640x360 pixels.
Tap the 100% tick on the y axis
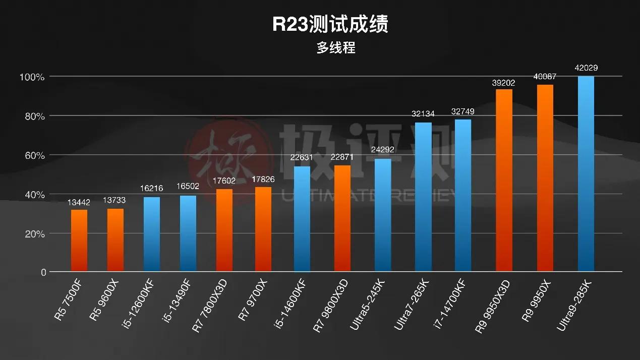point(32,77)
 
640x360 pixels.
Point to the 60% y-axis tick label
point(33,155)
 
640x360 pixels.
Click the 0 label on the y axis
point(43,272)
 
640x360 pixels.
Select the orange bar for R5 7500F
point(79,241)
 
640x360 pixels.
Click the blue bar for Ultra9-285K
point(586,174)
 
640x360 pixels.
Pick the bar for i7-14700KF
point(462,196)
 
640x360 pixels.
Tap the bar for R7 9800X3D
point(342,218)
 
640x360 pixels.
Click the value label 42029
point(586,68)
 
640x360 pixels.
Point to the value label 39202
point(504,82)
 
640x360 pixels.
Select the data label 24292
point(382,150)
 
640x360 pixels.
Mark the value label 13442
point(79,202)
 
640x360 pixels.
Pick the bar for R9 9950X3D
point(504,181)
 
